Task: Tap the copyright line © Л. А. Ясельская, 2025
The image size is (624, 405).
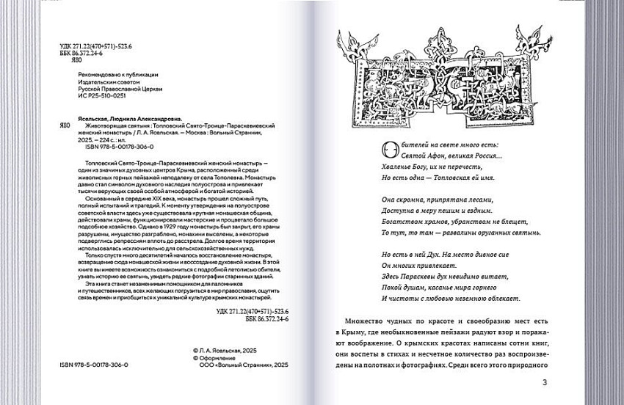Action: [x=231, y=351]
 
